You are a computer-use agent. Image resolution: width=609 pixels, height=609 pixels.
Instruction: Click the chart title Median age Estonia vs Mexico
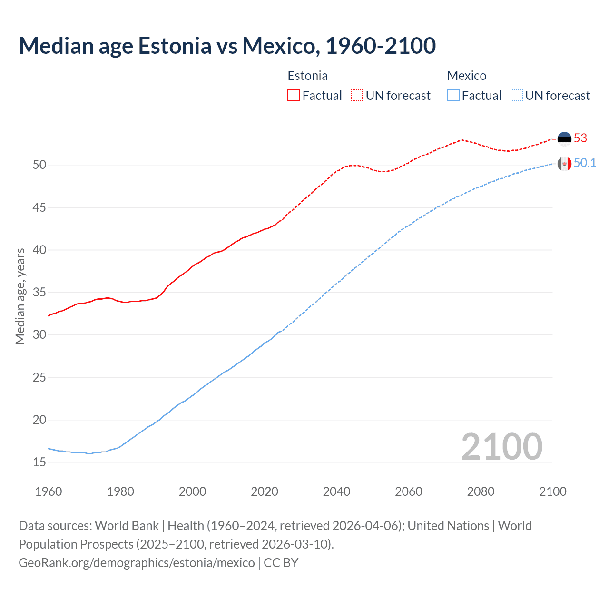click(227, 46)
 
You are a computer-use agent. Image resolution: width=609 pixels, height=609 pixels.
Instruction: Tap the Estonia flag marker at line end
click(564, 138)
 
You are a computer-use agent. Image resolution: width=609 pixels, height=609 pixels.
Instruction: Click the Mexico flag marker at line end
click(564, 164)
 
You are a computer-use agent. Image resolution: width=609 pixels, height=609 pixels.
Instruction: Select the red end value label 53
click(580, 138)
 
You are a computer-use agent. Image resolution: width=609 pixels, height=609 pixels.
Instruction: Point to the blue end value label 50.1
click(585, 163)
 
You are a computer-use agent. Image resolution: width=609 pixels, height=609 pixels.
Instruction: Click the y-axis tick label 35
click(39, 293)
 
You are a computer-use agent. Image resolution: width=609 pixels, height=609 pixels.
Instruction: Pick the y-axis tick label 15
click(39, 462)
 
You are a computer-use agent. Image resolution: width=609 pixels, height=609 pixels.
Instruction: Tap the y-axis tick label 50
click(39, 165)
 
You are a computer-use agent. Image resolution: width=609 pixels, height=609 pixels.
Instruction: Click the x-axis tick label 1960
click(49, 491)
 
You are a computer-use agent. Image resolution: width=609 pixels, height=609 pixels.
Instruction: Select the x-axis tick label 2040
click(336, 491)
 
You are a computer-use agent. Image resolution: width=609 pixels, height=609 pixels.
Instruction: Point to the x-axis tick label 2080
click(481, 491)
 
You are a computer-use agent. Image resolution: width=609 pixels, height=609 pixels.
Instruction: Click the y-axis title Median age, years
click(20, 296)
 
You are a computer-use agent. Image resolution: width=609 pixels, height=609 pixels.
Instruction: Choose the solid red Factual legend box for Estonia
click(294, 96)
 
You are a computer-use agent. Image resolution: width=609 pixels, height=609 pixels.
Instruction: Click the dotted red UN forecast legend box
click(357, 96)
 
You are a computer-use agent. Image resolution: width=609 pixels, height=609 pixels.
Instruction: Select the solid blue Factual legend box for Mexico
click(453, 96)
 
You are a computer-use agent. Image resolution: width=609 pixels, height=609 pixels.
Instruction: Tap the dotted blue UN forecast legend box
click(516, 96)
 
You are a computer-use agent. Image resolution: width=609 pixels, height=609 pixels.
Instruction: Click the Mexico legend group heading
click(466, 76)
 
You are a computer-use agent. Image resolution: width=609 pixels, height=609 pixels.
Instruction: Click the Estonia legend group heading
click(307, 76)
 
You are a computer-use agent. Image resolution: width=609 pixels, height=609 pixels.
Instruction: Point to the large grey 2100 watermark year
click(501, 446)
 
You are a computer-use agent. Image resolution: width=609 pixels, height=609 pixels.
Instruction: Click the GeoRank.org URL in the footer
click(137, 563)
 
